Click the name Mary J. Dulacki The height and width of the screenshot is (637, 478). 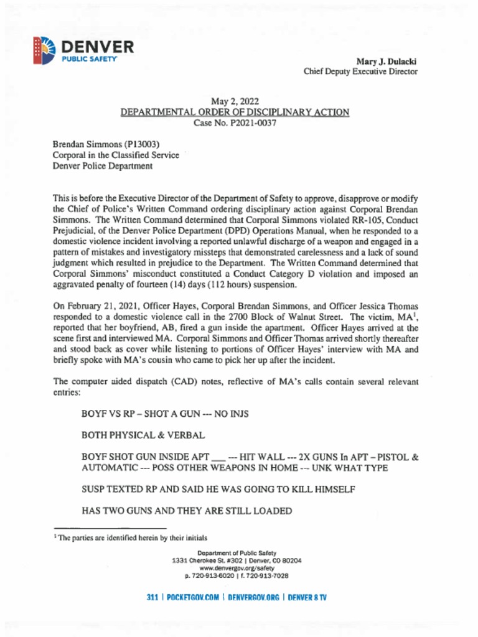coord(386,62)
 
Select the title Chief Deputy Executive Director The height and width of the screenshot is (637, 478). coord(360,72)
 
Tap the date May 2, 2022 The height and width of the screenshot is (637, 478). coord(235,101)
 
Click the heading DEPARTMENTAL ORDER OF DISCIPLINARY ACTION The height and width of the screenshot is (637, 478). coord(235,112)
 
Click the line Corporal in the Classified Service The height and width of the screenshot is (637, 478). coord(115,155)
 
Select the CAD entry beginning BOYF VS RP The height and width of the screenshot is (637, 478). coord(165,413)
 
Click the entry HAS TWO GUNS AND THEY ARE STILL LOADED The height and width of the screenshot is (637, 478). coord(187,511)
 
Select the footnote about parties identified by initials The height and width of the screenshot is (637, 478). coord(130,537)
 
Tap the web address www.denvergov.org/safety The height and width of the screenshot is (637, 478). coord(237,568)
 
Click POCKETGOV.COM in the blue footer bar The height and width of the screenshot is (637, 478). coord(193,598)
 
